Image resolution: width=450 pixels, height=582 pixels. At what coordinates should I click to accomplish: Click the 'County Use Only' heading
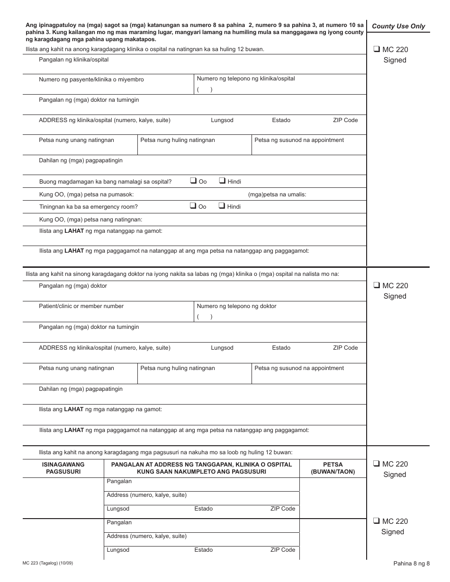(398, 26)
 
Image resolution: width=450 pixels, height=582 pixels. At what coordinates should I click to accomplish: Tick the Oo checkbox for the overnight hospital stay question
(193, 180)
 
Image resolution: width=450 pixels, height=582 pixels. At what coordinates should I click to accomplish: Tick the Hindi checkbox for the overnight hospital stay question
(222, 180)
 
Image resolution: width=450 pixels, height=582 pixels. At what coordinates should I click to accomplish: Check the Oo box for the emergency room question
(193, 205)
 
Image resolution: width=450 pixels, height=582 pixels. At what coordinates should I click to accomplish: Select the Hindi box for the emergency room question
(222, 205)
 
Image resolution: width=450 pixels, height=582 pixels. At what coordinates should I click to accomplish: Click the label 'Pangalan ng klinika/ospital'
(73, 60)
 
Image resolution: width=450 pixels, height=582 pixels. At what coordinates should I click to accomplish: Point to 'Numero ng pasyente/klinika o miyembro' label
(91, 79)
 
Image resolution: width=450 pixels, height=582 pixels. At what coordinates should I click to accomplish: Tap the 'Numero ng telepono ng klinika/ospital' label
(245, 79)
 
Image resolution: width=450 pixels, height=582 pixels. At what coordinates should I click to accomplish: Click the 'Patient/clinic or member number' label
(81, 306)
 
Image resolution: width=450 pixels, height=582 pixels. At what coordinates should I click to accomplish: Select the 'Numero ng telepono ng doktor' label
(236, 306)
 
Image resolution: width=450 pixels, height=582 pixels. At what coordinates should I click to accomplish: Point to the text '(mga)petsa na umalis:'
(277, 194)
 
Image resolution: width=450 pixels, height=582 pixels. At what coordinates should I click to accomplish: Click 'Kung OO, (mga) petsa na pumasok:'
(86, 194)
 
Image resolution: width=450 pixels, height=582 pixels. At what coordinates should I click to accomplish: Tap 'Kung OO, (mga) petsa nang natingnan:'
(90, 220)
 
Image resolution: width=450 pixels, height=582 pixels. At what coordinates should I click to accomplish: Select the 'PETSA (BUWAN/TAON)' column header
(333, 468)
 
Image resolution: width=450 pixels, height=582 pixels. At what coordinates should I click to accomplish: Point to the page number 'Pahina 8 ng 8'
(411, 563)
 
